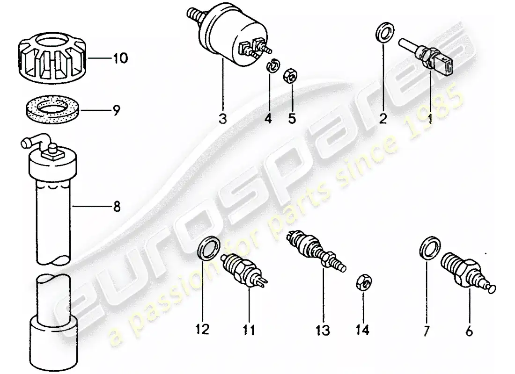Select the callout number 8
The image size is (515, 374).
pos(116,205)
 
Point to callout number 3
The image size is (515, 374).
pos(222,119)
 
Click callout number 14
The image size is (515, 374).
pos(363,330)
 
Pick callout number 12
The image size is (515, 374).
pos(202,330)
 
